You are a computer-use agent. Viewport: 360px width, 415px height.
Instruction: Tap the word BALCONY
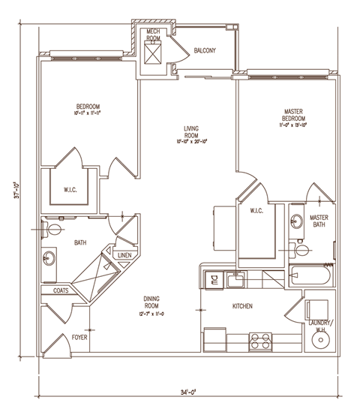205,50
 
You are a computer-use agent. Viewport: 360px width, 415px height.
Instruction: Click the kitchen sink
235,281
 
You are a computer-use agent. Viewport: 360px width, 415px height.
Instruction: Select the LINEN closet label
124,256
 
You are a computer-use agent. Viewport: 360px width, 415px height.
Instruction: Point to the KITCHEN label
241,306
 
